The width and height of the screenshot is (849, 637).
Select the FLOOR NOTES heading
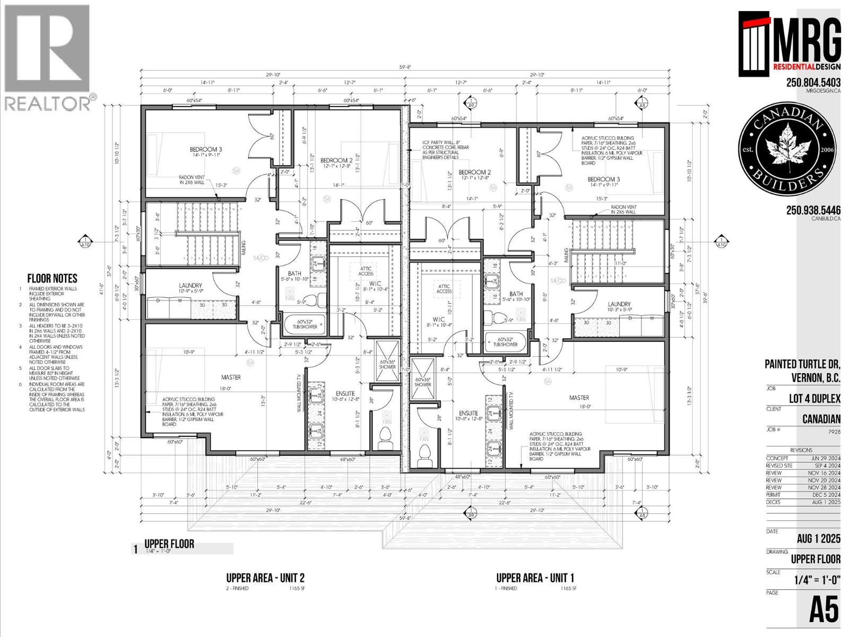[52, 278]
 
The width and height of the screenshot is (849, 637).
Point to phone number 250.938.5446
[813, 210]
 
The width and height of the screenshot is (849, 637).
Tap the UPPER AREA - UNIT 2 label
[265, 578]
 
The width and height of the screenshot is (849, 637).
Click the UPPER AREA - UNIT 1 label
[535, 578]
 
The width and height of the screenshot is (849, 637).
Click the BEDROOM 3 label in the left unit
[206, 150]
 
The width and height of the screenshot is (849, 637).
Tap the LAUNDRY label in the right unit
[619, 304]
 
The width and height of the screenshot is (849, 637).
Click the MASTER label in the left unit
[231, 377]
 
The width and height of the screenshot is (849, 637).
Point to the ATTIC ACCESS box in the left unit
[366, 271]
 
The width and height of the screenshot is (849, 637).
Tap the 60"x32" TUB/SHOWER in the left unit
[305, 324]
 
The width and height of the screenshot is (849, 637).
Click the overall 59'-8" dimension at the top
[405, 67]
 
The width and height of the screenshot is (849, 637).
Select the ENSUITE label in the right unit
[468, 414]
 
